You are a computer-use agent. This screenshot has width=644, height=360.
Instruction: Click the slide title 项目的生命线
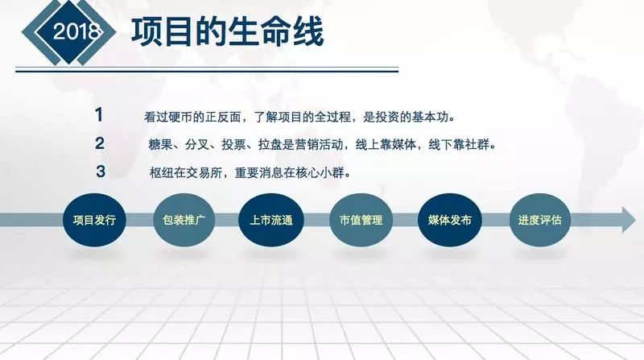pos(227,33)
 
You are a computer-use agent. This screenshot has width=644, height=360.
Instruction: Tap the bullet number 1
pos(99,114)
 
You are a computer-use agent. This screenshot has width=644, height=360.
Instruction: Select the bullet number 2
pos(100,143)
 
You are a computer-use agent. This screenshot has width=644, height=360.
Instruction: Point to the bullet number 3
pos(101,172)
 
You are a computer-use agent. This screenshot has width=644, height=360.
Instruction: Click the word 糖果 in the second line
pos(159,145)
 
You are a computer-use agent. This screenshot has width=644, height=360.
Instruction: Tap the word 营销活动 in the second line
pos(324,145)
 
